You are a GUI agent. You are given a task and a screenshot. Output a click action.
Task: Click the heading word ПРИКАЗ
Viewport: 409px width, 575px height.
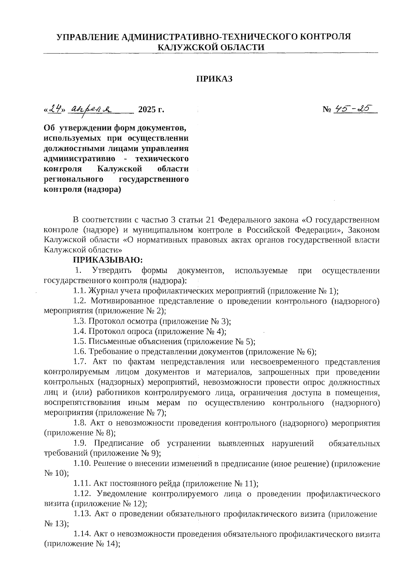[214, 79]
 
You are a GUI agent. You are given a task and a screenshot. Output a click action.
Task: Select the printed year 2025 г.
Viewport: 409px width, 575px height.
[151, 110]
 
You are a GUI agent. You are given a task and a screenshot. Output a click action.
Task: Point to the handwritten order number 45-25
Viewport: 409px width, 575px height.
[353, 109]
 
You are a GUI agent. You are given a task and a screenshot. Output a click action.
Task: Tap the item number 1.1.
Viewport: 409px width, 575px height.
[79, 291]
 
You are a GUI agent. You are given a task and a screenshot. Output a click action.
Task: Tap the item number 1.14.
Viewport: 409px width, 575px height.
[82, 534]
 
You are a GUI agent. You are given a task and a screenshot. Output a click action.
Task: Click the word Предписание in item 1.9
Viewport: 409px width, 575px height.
[120, 443]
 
